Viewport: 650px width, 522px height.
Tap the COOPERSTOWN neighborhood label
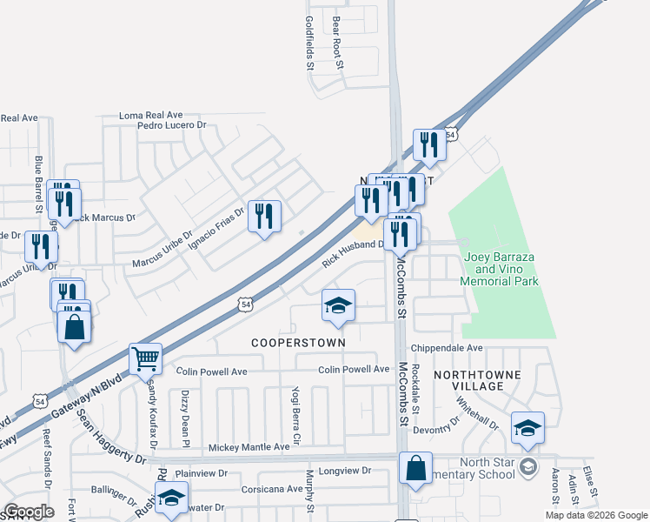[298, 343]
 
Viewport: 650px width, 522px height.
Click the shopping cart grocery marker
[145, 358]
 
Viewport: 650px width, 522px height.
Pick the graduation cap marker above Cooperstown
[338, 305]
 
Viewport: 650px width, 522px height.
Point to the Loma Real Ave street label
[150, 115]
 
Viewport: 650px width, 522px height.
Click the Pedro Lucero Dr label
[170, 125]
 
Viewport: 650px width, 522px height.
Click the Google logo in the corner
[29, 512]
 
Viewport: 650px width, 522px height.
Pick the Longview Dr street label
[345, 471]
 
